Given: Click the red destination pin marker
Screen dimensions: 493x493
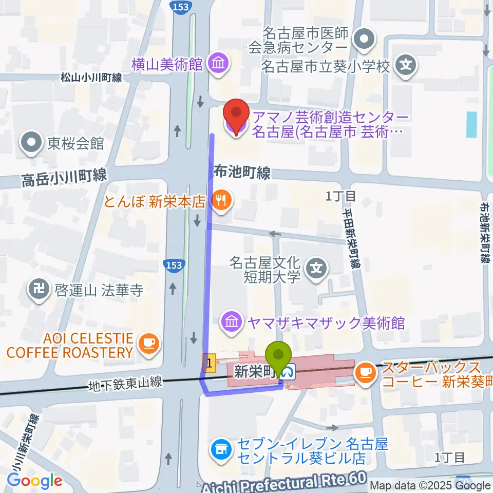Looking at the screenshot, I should [236, 114].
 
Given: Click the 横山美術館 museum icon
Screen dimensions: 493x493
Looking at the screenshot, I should [219, 64].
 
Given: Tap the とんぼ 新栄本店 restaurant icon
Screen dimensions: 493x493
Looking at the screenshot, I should [221, 200].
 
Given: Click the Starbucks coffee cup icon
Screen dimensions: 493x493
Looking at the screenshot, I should [365, 371].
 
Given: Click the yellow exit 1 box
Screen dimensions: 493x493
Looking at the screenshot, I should [208, 362].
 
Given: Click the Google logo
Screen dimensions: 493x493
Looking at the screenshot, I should [34, 481].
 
